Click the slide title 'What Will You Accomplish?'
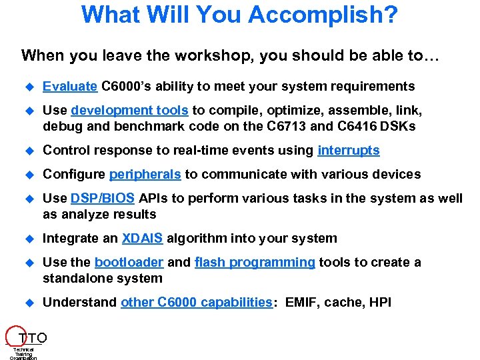(x=239, y=15)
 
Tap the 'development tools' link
(x=130, y=111)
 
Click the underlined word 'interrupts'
(x=349, y=151)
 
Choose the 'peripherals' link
(x=145, y=175)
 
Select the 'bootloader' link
(x=129, y=263)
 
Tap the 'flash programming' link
(x=255, y=263)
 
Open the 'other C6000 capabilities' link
(x=197, y=303)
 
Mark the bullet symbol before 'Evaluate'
(x=29, y=87)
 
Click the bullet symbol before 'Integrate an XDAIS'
(x=29, y=239)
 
